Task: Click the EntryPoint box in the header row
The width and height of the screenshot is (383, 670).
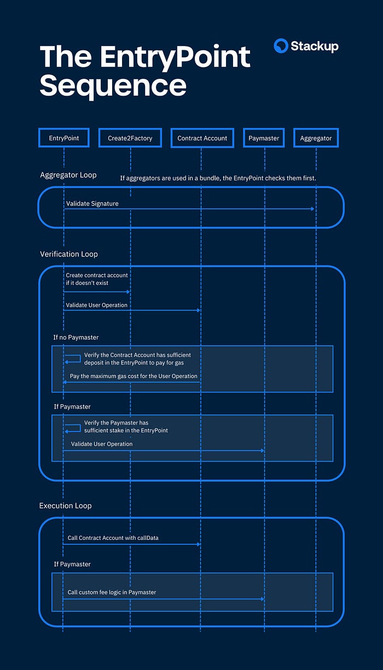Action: pyautogui.click(x=63, y=138)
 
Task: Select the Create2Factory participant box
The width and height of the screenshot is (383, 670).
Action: pyautogui.click(x=130, y=138)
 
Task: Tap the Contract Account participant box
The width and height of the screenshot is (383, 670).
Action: pyautogui.click(x=202, y=138)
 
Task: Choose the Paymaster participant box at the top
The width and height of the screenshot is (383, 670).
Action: pyautogui.click(x=264, y=138)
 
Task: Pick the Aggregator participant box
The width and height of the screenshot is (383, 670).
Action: pyautogui.click(x=316, y=138)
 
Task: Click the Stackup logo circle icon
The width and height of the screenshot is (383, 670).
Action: pyautogui.click(x=281, y=46)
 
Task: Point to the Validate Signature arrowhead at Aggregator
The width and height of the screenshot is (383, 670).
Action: pyautogui.click(x=312, y=209)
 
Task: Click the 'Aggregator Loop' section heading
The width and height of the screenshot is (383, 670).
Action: pyautogui.click(x=68, y=175)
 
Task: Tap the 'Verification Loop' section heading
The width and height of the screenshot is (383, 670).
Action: pyautogui.click(x=69, y=254)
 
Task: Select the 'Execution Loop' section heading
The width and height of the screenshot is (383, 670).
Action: pyautogui.click(x=65, y=505)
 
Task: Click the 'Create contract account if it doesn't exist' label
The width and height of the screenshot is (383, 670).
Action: pyautogui.click(x=97, y=279)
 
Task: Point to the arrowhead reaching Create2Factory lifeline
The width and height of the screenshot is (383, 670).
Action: pyautogui.click(x=128, y=292)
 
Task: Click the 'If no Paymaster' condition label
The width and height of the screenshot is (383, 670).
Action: pyautogui.click(x=76, y=337)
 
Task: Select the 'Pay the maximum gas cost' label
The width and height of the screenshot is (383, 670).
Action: pyautogui.click(x=134, y=376)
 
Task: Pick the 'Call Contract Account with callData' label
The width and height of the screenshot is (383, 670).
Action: pyautogui.click(x=113, y=538)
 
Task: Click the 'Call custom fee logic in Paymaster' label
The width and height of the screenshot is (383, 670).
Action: pyautogui.click(x=112, y=592)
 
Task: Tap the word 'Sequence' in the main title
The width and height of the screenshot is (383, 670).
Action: pyautogui.click(x=113, y=86)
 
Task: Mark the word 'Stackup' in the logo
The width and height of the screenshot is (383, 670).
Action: pyautogui.click(x=315, y=46)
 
